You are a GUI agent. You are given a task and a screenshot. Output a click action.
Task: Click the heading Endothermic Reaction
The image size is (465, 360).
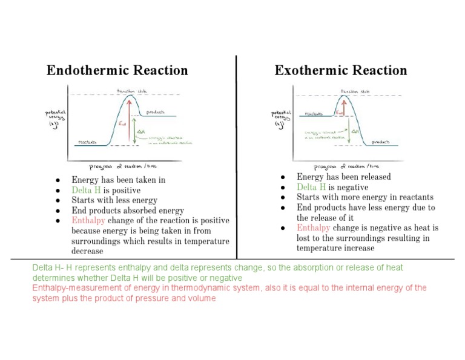[x=117, y=70]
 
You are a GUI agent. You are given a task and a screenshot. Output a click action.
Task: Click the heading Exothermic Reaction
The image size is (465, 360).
[x=341, y=70]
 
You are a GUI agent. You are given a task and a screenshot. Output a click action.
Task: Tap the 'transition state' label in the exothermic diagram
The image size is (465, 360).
[x=355, y=91]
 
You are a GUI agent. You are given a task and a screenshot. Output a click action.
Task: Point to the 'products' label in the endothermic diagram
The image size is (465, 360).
[x=156, y=112]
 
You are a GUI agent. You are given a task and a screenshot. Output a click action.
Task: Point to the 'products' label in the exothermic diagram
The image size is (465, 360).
[x=381, y=142]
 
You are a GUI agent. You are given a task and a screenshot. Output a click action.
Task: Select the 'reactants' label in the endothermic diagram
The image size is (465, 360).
[x=88, y=143]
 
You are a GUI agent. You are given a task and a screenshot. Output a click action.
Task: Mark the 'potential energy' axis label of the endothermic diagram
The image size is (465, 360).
[x=56, y=116]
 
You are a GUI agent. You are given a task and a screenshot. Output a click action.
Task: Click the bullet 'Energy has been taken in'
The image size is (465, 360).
[x=118, y=180]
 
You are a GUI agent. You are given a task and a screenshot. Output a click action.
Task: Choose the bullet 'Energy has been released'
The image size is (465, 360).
[x=343, y=177]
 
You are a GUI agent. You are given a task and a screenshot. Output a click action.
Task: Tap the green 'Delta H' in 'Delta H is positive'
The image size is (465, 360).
[x=86, y=190]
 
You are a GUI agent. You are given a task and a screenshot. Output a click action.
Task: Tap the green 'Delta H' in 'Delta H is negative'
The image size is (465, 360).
[x=311, y=187]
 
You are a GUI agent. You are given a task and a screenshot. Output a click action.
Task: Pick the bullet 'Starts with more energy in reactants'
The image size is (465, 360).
[x=364, y=197]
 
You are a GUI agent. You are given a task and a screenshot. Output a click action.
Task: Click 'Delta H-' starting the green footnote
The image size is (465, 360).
[x=45, y=267]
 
